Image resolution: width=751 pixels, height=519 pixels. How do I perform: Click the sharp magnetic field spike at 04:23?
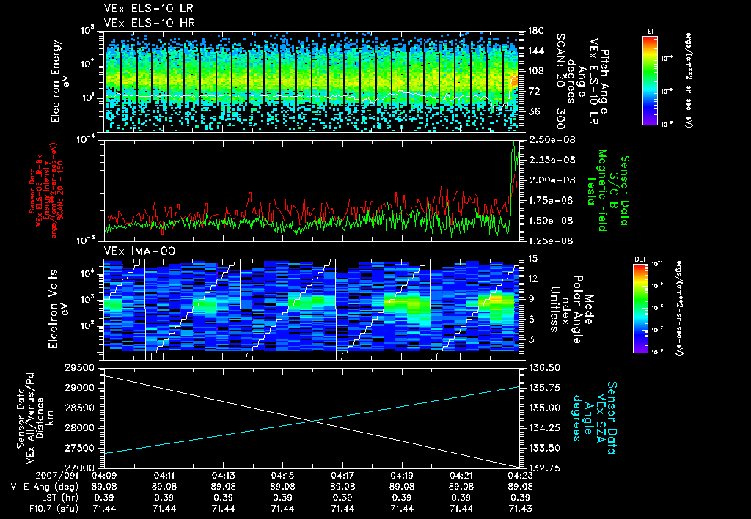pyautogui.click(x=515, y=144)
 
